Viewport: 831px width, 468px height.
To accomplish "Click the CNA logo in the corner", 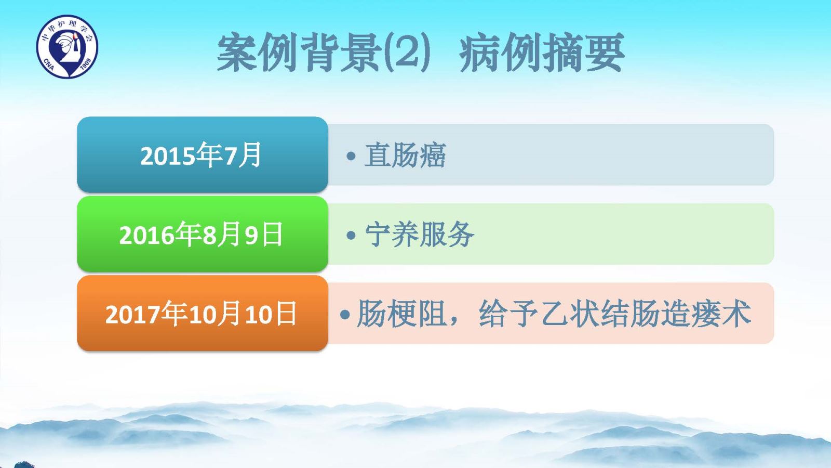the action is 67,46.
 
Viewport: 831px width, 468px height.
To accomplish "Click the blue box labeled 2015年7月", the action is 203,154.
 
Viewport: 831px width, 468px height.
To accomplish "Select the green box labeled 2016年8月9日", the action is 203,234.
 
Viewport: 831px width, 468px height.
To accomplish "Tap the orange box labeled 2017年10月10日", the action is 203,313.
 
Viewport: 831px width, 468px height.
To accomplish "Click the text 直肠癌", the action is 405,155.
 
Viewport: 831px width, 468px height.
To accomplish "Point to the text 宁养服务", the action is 420,235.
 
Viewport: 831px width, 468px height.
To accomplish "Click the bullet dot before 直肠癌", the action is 351,155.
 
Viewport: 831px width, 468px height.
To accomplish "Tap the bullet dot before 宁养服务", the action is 351,235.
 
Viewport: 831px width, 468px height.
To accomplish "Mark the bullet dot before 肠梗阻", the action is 345,314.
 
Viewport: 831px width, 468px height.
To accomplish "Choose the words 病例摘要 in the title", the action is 542,52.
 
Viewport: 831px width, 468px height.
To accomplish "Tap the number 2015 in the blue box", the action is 168,156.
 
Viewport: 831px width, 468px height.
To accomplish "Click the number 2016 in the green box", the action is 146,236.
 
